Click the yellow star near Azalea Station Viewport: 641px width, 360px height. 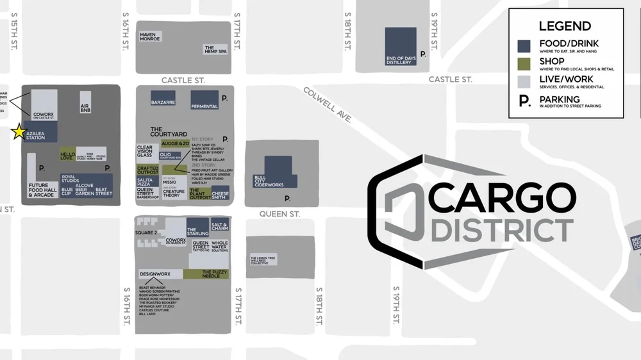(19, 133)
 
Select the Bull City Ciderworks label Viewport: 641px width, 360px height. (269, 181)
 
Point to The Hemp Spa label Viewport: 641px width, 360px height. (216, 49)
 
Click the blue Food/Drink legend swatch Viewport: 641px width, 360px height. (524, 45)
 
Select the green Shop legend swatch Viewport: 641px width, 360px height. (524, 63)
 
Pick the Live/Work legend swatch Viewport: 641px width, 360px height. (524, 81)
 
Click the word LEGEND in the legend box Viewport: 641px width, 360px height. (565, 26)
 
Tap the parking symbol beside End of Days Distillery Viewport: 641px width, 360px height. (422, 55)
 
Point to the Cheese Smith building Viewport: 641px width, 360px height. (220, 192)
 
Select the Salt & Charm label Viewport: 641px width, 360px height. (220, 225)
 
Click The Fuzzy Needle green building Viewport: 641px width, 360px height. (205, 274)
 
